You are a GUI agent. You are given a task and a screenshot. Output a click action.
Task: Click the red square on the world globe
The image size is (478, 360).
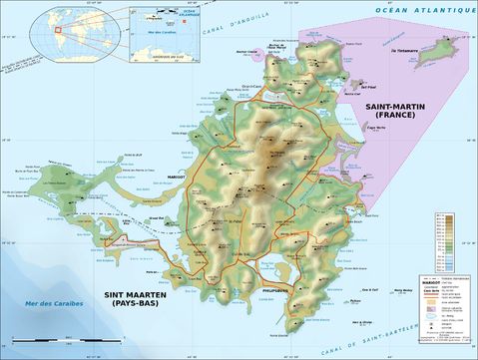[x=59, y=29]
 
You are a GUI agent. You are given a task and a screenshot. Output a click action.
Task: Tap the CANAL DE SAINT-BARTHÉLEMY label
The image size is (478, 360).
[x=399, y=337]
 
